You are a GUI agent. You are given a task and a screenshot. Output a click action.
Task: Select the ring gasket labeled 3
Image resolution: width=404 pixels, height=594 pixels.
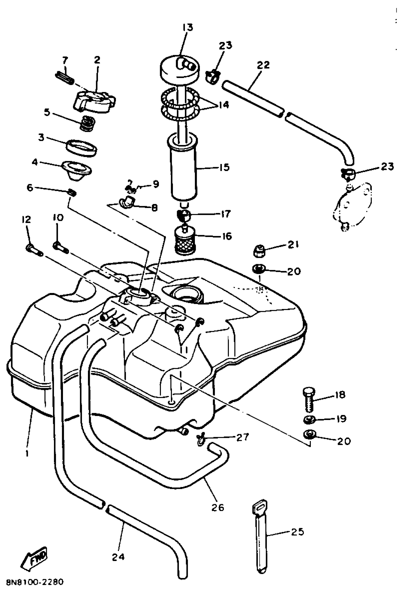82,148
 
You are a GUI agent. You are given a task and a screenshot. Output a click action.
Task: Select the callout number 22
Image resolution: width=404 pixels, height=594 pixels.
263,65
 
